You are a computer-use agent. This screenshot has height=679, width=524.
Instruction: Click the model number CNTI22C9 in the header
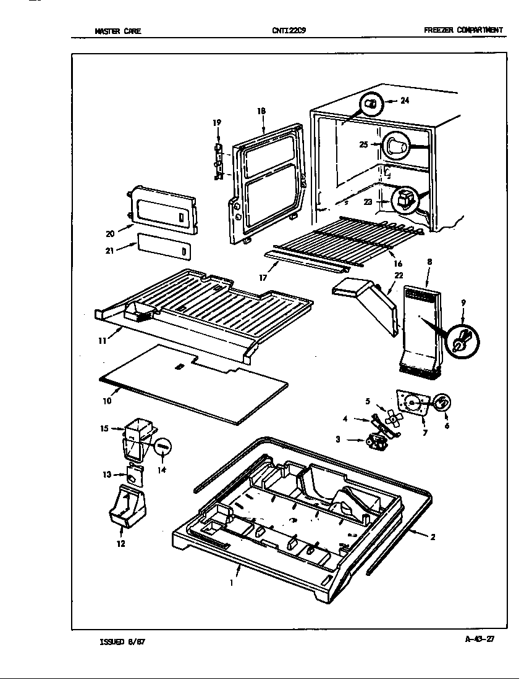point(289,30)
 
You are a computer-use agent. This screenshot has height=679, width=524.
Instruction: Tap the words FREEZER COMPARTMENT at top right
point(463,30)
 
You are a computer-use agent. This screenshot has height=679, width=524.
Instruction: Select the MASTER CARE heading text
point(118,31)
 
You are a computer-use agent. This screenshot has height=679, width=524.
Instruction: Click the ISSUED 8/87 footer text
point(123,641)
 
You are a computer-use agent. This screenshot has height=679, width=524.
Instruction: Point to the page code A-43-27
point(480,639)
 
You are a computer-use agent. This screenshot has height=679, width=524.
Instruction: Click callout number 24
point(405,101)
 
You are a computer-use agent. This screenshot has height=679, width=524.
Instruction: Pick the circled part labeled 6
point(441,403)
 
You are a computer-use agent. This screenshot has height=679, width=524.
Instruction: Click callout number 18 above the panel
point(261,111)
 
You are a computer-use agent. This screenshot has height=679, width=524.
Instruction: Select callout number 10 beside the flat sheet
point(108,401)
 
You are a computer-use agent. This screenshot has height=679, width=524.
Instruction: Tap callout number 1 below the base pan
point(231,582)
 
